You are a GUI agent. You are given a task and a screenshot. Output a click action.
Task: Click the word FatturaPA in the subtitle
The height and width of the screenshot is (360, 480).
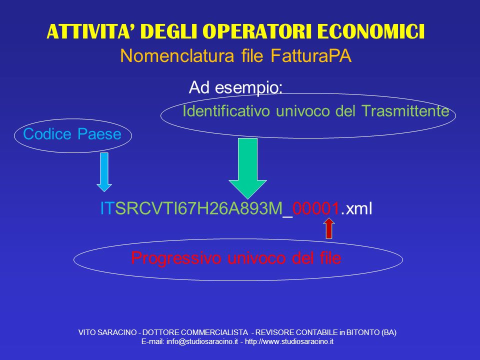coord(311,56)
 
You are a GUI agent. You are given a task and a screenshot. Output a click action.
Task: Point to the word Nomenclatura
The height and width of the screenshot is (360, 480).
coord(177,56)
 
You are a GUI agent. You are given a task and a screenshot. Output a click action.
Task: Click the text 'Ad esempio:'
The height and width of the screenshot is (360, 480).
coord(235,88)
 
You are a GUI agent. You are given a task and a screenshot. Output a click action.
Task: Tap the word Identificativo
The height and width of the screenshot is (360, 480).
coord(226,110)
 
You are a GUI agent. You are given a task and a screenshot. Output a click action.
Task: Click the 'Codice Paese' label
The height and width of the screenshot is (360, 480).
coord(72,134)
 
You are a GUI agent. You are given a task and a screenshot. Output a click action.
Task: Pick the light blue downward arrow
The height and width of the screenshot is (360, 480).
coord(104,172)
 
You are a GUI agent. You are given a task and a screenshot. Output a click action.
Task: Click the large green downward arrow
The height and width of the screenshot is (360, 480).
coord(247,168)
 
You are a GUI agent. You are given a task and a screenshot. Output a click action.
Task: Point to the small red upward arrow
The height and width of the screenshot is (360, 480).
coord(329,228)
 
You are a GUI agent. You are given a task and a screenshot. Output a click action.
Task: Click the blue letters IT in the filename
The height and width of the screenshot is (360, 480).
coord(107,208)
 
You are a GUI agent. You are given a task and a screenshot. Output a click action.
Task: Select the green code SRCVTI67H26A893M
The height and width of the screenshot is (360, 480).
coord(199,208)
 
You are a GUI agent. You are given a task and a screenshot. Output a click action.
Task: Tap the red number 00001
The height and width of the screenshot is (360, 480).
coord(315,208)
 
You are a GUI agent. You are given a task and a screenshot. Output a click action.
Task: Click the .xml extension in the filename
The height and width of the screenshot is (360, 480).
coord(356,208)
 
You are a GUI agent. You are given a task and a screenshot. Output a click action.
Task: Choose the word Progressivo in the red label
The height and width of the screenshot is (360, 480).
coord(176,258)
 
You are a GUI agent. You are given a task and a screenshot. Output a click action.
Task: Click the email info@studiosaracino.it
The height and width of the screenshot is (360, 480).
coord(202,341)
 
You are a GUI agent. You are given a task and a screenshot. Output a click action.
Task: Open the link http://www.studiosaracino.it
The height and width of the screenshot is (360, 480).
coord(289,341)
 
